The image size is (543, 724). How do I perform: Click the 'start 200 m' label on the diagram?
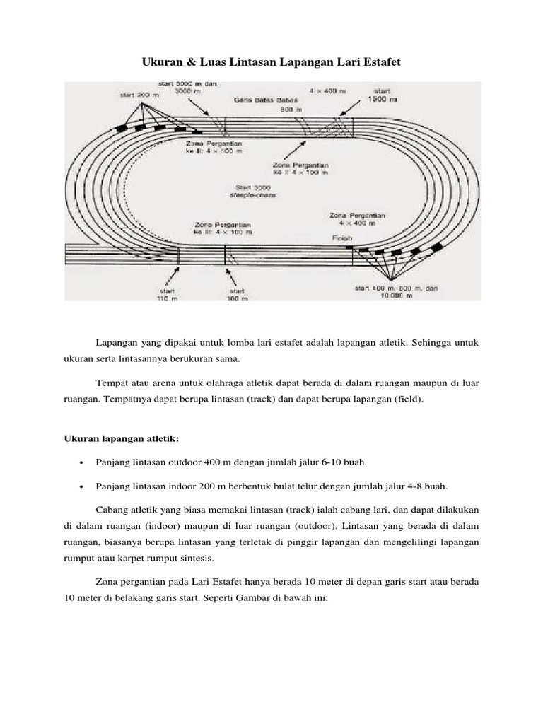(x=135, y=94)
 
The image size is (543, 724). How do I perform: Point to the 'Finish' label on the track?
(x=342, y=238)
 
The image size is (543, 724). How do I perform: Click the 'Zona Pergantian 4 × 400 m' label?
(x=356, y=218)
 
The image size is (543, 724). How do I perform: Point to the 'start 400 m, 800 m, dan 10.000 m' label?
(x=396, y=292)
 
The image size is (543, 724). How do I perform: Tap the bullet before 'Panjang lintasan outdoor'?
(x=82, y=462)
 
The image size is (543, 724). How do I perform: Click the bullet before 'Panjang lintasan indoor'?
(x=82, y=486)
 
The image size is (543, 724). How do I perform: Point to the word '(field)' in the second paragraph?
(x=403, y=399)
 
